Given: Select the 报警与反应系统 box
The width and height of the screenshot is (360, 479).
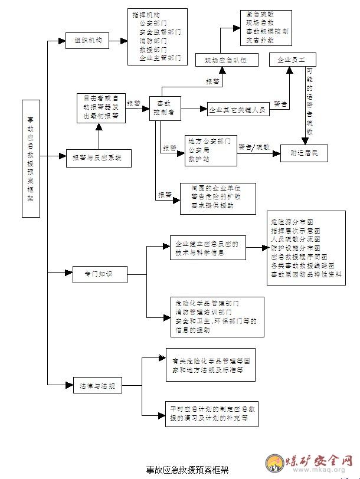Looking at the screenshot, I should tap(97, 158).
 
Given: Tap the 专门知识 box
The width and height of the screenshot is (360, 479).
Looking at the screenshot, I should tap(97, 273).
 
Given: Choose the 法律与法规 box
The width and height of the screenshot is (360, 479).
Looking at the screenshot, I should tap(97, 387).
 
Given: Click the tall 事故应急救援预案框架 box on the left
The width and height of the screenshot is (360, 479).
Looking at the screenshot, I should tap(30, 159).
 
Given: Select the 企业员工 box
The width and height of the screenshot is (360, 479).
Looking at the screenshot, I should tap(293, 60).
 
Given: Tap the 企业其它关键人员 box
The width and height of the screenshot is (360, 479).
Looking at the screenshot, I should tap(239, 109).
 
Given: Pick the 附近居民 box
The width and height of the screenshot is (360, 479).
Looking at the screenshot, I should tap(304, 153).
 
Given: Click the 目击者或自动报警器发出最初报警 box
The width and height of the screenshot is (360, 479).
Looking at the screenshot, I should tap(101, 107).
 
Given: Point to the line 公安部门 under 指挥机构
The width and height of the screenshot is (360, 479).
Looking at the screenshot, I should tap(152, 23).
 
